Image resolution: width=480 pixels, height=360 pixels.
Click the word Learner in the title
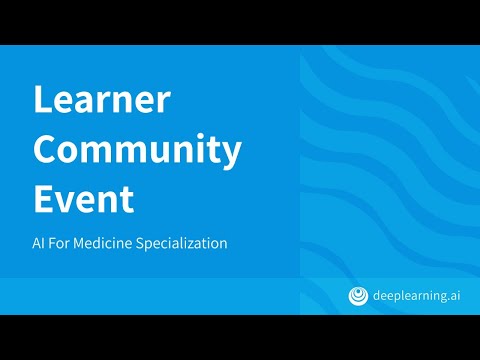[102, 99]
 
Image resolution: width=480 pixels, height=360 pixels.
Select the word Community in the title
[137, 151]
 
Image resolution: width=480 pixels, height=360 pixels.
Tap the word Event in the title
[84, 199]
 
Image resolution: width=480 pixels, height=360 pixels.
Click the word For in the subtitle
[59, 243]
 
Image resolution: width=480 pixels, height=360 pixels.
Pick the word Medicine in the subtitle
[103, 243]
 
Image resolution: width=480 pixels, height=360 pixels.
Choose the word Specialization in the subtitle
[182, 244]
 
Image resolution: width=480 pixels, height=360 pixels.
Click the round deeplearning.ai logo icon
[358, 296]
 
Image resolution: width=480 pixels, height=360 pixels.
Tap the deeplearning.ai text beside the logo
[417, 296]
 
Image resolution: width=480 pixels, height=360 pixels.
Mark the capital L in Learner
[42, 99]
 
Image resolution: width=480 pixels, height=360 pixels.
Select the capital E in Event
[42, 199]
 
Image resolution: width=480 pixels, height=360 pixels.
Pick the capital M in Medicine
[79, 243]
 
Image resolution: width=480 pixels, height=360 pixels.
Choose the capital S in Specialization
[140, 243]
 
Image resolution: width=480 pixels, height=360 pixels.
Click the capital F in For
[52, 243]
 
